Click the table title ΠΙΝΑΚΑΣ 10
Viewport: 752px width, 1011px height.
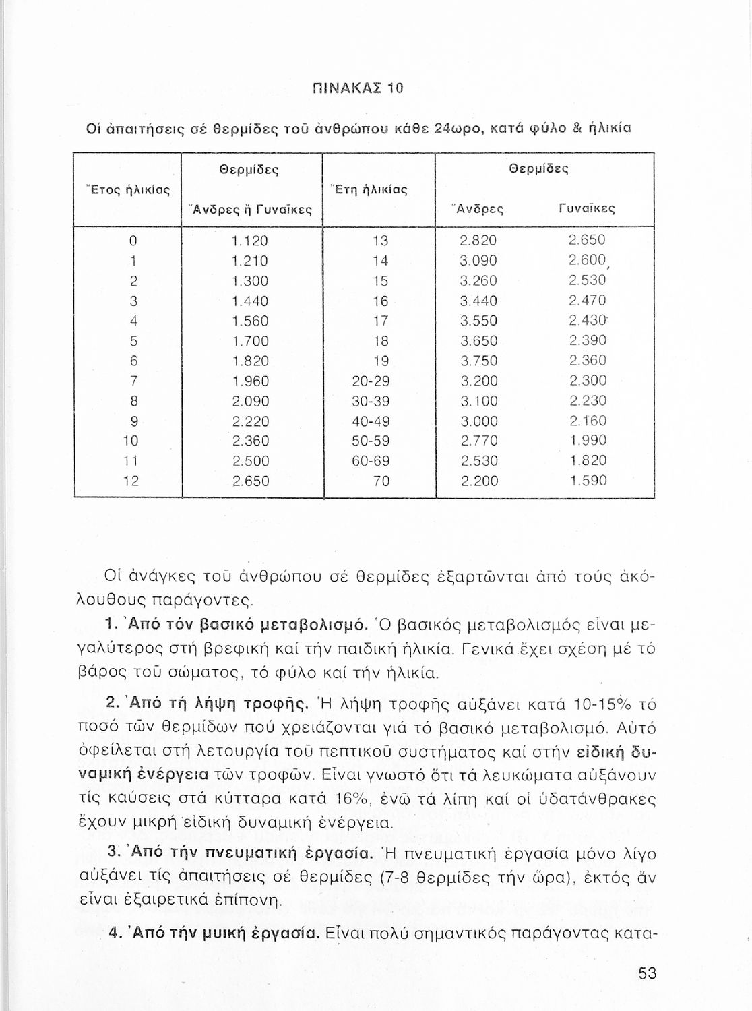click(367, 88)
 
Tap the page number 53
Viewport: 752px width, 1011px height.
click(647, 973)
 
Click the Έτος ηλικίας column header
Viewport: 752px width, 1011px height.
click(127, 189)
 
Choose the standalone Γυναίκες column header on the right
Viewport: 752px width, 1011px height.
click(587, 209)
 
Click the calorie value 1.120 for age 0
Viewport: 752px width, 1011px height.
click(249, 241)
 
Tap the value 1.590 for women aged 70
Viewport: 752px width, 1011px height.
click(588, 481)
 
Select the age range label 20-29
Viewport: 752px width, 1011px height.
click(371, 381)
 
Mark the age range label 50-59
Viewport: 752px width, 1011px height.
click(371, 441)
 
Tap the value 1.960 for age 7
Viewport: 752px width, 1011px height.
click(249, 381)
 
